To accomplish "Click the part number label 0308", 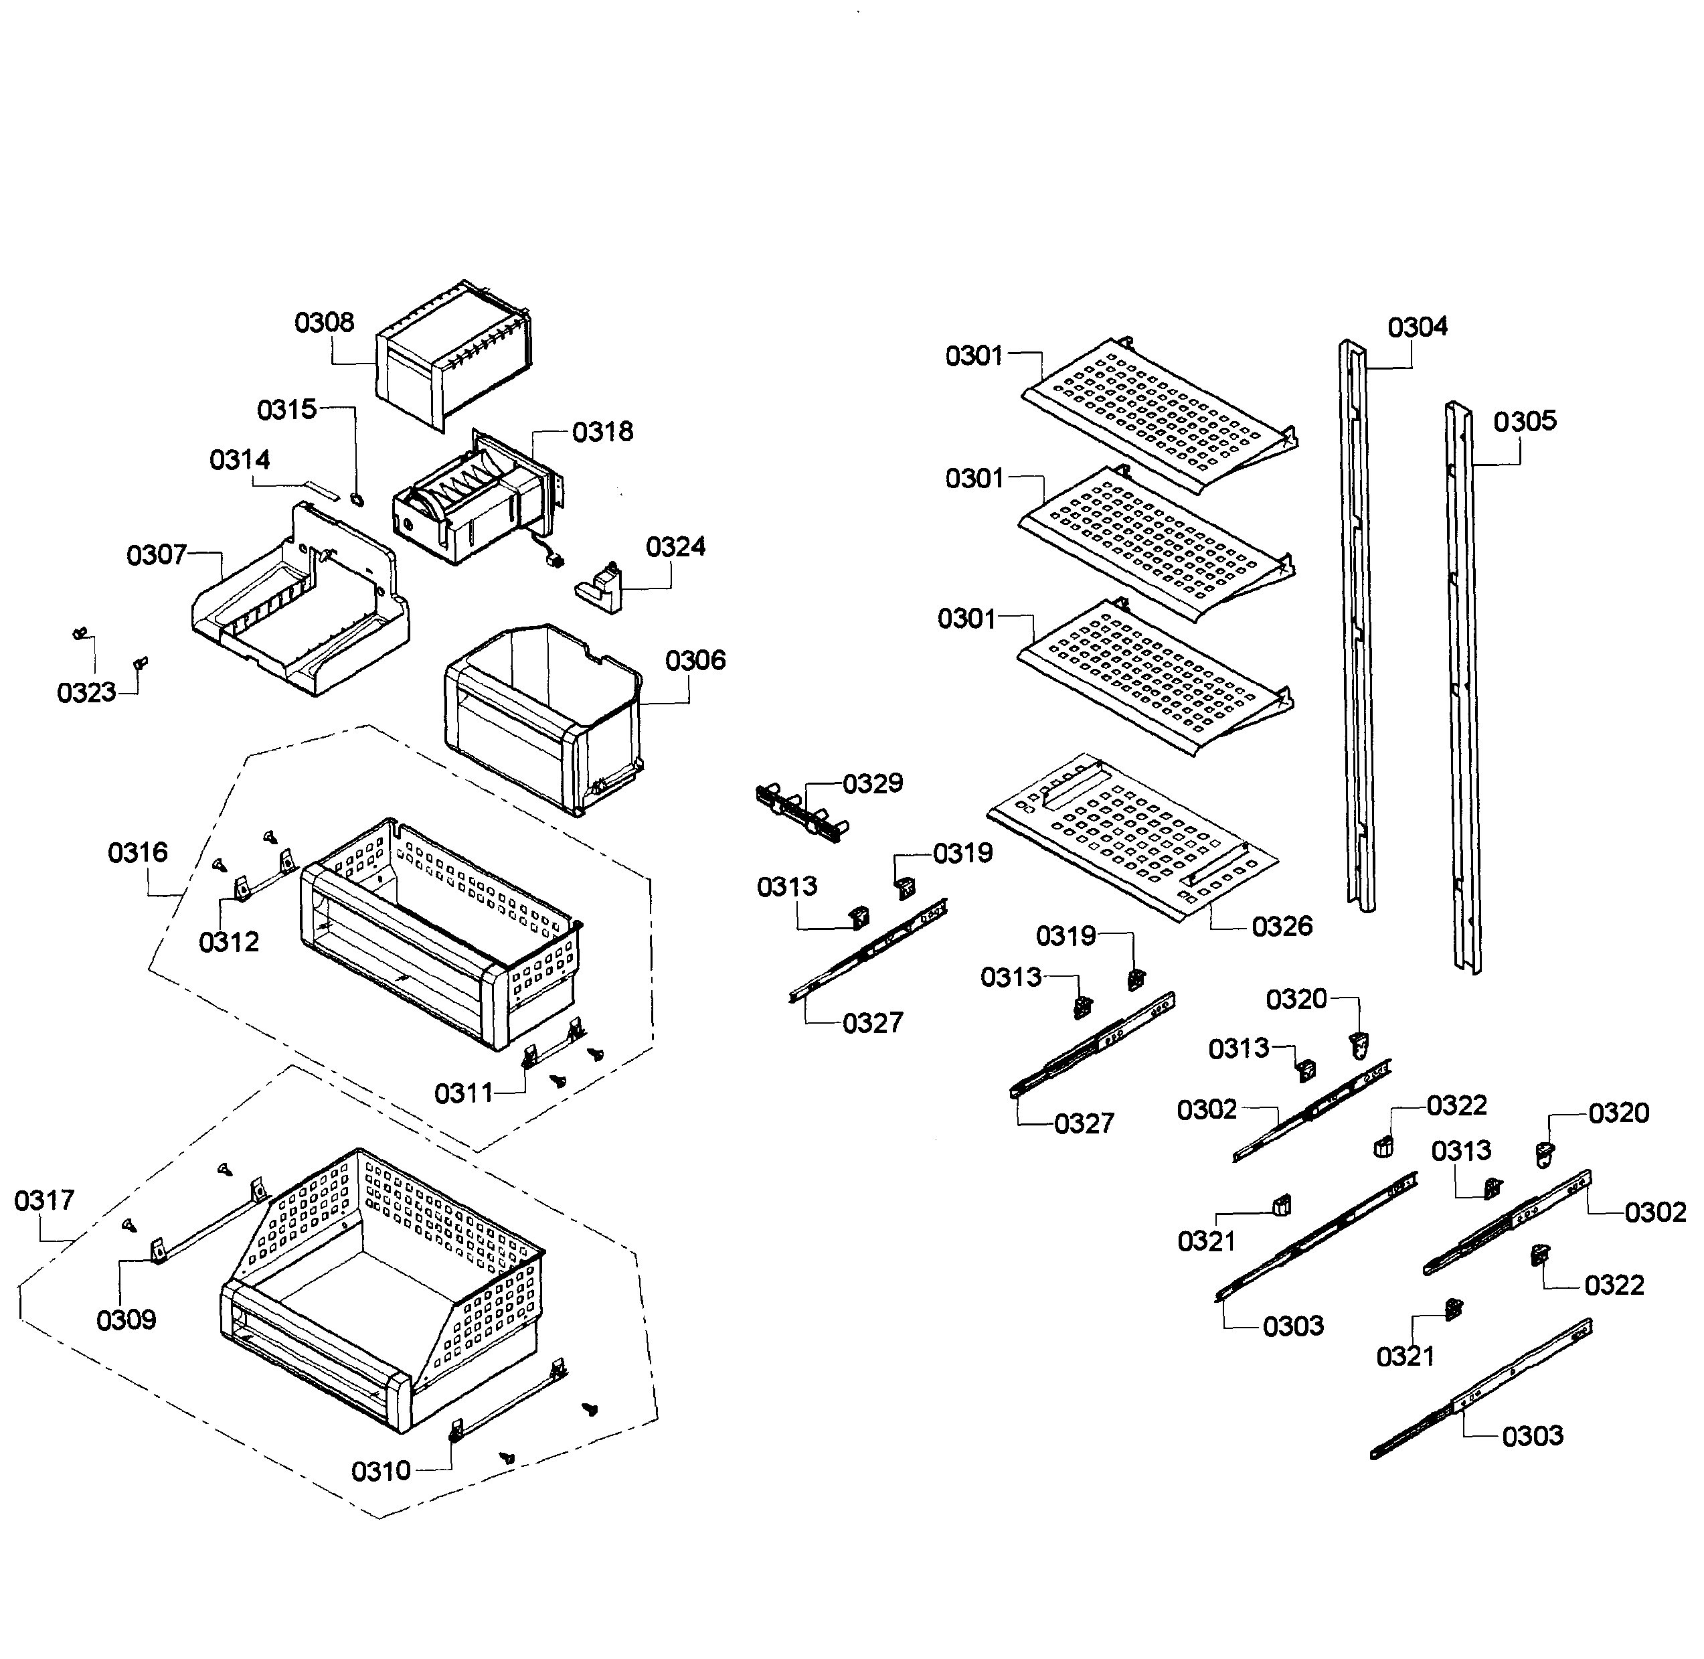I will (324, 323).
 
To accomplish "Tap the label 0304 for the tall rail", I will (1418, 327).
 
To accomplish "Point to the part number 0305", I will (1524, 421).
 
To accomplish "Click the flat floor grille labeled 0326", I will (1132, 836).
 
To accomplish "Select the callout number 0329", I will (872, 783).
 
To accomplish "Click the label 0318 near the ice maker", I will (602, 431).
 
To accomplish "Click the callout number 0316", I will (138, 852).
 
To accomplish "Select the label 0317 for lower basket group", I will (44, 1200).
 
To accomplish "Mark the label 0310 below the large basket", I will (381, 1471).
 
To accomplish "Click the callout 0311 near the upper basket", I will (463, 1093).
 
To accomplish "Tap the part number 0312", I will (229, 941).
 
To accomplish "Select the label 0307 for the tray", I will (157, 554).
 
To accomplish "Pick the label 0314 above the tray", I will (240, 459).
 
